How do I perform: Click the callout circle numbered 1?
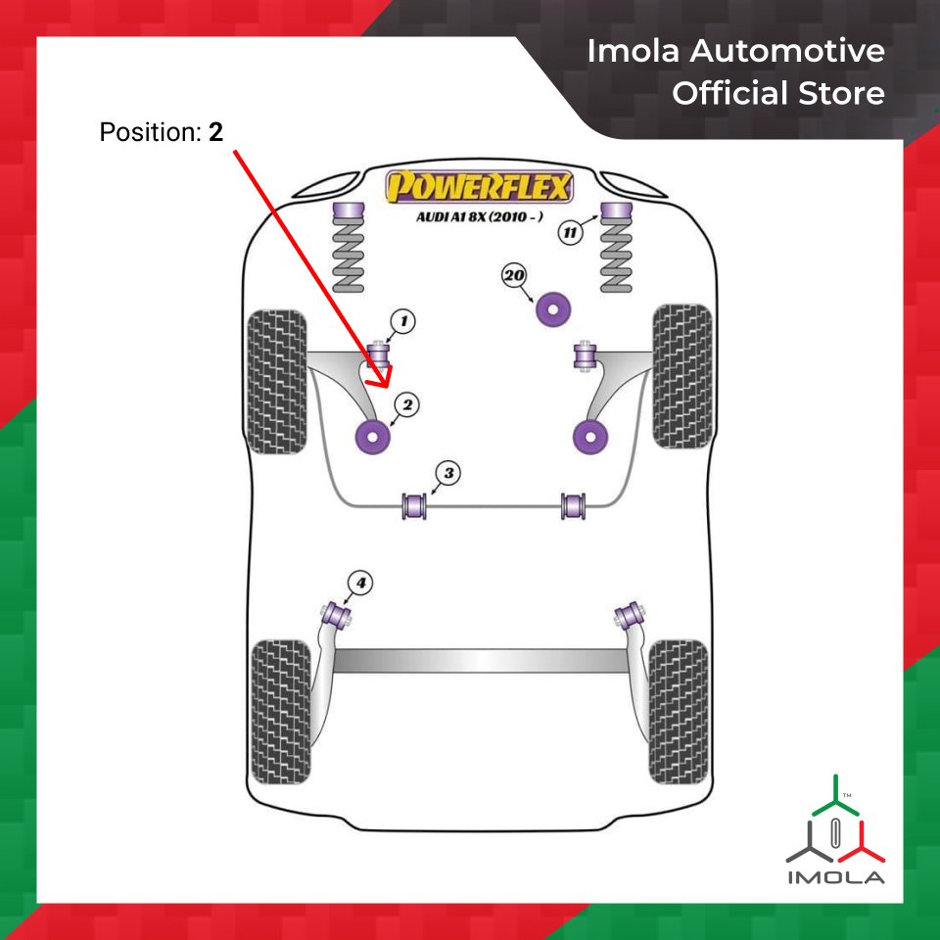click(x=402, y=320)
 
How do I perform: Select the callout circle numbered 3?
click(x=448, y=474)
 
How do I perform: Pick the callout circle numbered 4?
click(x=360, y=585)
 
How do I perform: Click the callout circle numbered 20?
click(x=514, y=276)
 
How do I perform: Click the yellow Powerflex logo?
click(x=479, y=185)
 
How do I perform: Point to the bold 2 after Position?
click(x=215, y=132)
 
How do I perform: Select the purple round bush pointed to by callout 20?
click(x=556, y=308)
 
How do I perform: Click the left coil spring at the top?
click(x=349, y=251)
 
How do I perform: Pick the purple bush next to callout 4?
click(x=338, y=614)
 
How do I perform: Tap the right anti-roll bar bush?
click(x=576, y=506)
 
